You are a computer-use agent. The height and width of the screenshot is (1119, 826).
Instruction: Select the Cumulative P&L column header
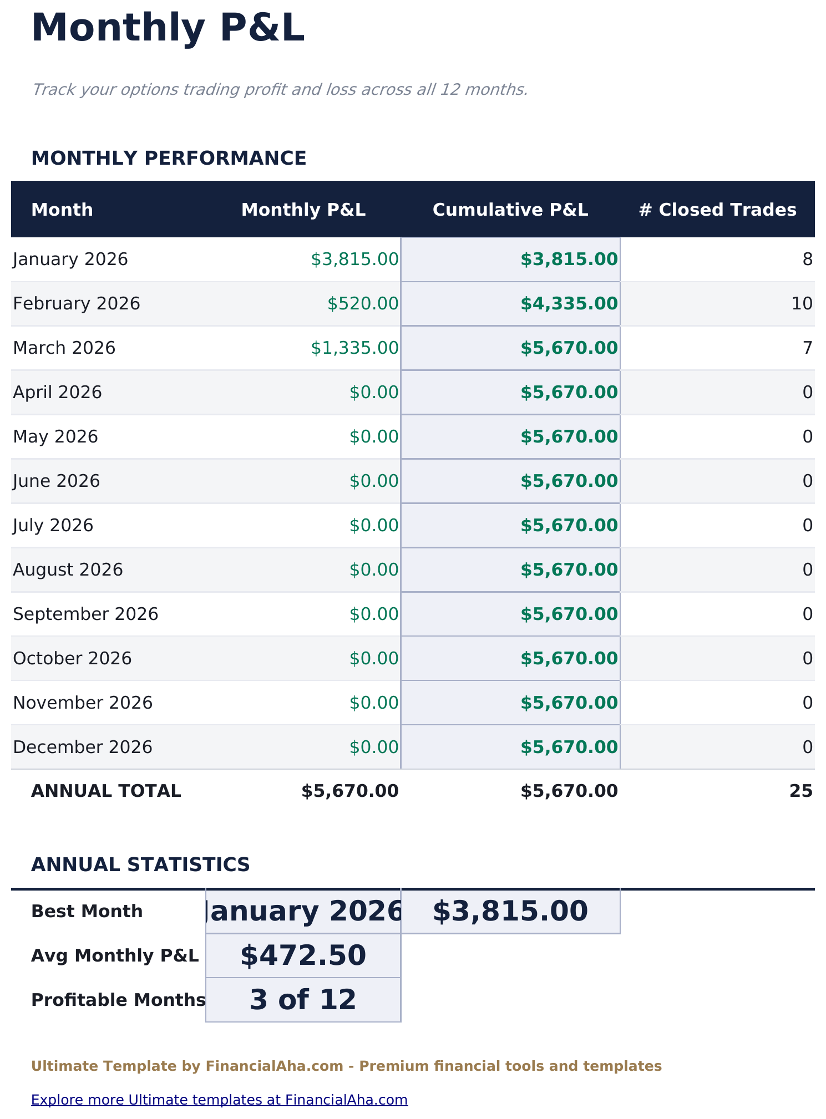click(x=510, y=210)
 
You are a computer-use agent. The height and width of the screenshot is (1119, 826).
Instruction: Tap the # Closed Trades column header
click(x=717, y=210)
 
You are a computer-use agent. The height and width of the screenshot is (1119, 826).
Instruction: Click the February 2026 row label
click(x=77, y=304)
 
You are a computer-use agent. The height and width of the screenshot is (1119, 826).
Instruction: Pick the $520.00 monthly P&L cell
click(x=363, y=304)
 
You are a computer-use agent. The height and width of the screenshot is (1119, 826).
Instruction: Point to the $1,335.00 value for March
click(x=354, y=348)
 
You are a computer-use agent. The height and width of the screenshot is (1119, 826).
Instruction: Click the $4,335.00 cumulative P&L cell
click(x=569, y=304)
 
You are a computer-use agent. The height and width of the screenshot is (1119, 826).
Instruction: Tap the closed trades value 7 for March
click(x=807, y=348)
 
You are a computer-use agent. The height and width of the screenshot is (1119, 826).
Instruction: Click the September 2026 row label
click(x=85, y=614)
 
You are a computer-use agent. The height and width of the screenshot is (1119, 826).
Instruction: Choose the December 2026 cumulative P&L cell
click(x=569, y=747)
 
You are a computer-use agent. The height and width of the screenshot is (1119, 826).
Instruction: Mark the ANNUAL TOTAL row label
click(x=106, y=791)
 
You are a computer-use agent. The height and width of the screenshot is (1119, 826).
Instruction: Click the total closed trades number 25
click(x=800, y=791)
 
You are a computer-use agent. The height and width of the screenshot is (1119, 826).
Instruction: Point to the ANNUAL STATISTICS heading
click(x=140, y=864)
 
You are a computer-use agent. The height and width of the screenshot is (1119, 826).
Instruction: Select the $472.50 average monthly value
click(x=303, y=955)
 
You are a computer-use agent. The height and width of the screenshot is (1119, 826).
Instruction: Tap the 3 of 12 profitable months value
click(x=303, y=1000)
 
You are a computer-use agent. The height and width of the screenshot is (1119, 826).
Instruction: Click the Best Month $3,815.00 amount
click(x=510, y=911)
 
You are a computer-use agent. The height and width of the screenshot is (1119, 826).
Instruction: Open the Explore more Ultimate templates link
click(x=219, y=1100)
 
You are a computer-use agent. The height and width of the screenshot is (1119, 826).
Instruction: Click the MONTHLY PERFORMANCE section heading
click(x=169, y=158)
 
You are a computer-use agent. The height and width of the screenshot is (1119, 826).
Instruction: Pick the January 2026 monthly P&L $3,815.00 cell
click(x=354, y=260)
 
